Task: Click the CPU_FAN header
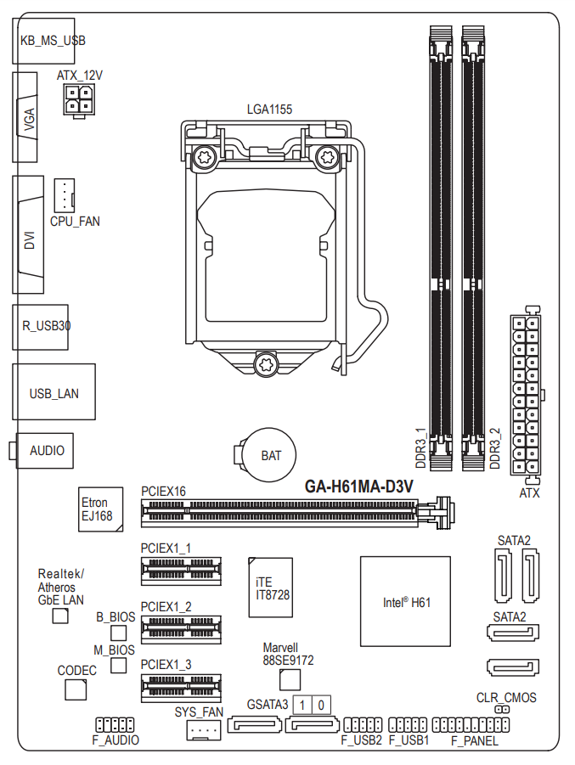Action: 65,196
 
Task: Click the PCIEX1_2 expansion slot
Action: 181,630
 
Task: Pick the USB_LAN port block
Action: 54,394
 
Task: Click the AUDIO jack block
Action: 43,450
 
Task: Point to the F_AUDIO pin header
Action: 115,725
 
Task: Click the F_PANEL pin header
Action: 470,725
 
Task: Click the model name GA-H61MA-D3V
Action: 358,487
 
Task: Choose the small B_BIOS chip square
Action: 119,633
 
